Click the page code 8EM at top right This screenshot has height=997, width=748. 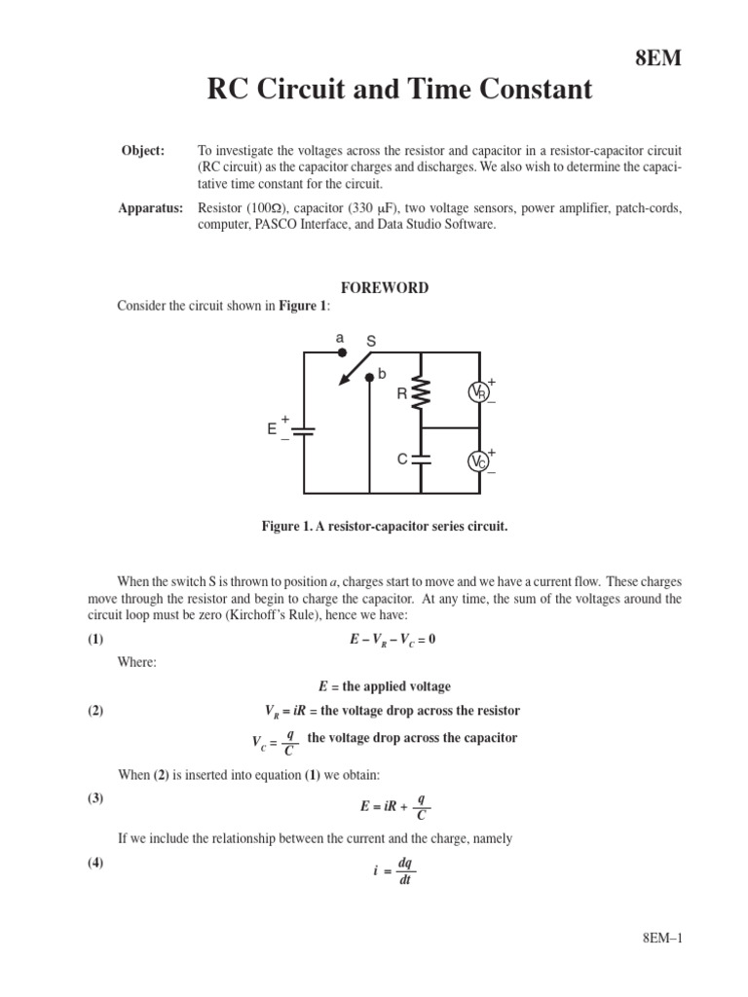click(659, 58)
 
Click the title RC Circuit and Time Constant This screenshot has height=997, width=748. click(399, 91)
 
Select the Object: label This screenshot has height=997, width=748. click(142, 151)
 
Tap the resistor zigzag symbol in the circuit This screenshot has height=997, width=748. click(421, 393)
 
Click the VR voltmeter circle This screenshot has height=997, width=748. click(478, 392)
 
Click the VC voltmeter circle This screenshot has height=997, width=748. click(478, 461)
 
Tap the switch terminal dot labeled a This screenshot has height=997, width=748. click(341, 352)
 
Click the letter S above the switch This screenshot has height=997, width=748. click(370, 342)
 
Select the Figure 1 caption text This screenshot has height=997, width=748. click(385, 527)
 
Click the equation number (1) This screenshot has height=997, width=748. click(94, 639)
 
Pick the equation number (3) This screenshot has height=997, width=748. click(94, 797)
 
